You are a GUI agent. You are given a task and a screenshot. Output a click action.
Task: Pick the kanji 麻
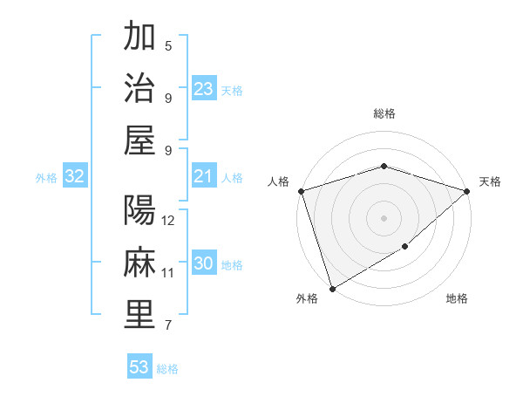coord(139,262)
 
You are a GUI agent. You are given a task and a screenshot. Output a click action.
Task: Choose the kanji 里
coord(139,314)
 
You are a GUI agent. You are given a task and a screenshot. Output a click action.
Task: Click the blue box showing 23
coord(204,88)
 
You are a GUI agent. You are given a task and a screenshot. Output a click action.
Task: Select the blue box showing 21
coord(204,176)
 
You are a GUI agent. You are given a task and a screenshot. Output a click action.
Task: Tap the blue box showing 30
coord(204,263)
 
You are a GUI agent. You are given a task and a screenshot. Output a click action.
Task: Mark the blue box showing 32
coord(74,176)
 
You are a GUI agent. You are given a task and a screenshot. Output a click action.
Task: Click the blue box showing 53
coord(139,367)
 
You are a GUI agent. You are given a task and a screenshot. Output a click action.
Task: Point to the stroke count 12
coord(169,221)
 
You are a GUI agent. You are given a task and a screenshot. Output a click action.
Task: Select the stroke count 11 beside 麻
coord(169,273)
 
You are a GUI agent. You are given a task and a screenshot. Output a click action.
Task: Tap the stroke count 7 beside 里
coord(168,326)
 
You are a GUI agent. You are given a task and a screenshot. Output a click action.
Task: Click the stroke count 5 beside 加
coord(168,45)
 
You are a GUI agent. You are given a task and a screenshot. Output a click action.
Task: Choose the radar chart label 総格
coord(384,113)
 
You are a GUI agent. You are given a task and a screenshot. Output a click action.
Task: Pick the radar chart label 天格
coord(490,181)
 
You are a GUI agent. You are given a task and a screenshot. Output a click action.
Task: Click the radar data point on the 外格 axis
coord(331,289)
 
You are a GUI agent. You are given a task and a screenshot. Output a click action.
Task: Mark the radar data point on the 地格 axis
coord(405,247)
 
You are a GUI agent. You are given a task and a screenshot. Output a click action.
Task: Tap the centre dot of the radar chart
coord(384,217)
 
